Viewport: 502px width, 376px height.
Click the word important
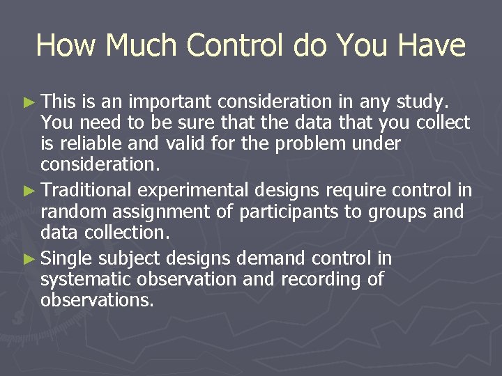pos(168,103)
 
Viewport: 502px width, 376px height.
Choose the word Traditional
pos(86,190)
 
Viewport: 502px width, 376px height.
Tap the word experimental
pos(193,190)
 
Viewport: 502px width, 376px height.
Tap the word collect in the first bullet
pos(443,123)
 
